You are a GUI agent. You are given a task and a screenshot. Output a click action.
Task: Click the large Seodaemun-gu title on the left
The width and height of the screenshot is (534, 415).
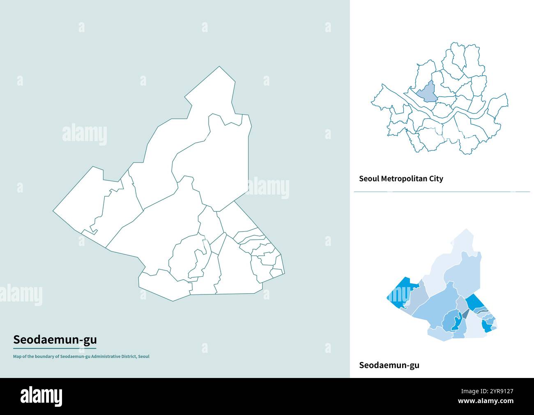(55, 340)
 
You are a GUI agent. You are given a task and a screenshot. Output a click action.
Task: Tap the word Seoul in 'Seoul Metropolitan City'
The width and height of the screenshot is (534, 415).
(369, 179)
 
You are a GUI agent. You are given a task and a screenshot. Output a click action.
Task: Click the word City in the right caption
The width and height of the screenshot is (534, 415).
(436, 179)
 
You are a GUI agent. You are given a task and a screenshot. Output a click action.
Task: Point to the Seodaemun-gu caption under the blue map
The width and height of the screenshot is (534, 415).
(389, 365)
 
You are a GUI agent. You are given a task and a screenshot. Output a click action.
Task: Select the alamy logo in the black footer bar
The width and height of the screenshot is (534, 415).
(41, 396)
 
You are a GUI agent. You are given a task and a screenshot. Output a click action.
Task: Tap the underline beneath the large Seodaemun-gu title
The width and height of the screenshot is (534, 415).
(55, 348)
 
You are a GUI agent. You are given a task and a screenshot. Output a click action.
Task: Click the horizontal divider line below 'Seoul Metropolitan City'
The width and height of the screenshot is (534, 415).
(442, 192)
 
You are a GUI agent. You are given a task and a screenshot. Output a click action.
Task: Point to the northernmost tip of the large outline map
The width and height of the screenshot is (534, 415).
(220, 67)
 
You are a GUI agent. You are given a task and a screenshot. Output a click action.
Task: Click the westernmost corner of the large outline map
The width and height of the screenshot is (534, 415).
(53, 211)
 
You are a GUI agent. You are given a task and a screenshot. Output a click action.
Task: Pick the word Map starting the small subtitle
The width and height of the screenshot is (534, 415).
(17, 357)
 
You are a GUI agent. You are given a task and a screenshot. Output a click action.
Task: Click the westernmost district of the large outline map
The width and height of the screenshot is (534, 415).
(82, 202)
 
